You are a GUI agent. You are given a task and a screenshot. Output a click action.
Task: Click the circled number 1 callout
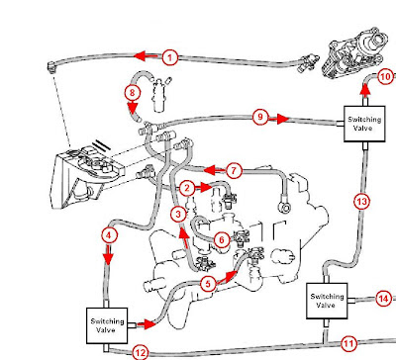point(170,58)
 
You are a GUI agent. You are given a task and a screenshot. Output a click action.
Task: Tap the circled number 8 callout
point(133,92)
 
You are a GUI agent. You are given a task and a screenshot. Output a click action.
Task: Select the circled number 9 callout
point(260,117)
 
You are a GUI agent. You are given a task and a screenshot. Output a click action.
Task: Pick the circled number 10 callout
point(385,77)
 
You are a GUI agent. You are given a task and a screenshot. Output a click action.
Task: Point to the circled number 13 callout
point(362,201)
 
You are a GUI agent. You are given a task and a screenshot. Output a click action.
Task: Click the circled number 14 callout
point(383,299)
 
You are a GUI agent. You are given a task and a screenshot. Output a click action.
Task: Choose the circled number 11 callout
point(348,344)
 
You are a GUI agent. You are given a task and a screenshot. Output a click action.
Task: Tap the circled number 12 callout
point(141,353)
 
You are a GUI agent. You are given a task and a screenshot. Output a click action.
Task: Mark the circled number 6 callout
point(222,239)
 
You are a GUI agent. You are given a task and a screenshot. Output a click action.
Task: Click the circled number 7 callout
point(234,171)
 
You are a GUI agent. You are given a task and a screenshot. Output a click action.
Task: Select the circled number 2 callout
point(187,188)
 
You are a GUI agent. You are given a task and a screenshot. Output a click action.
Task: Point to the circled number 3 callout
point(178,215)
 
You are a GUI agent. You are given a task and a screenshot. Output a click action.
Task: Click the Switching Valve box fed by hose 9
point(364,124)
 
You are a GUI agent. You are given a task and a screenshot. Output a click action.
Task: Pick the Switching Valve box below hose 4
point(107,326)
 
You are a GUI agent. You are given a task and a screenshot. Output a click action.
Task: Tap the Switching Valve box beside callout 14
point(327,301)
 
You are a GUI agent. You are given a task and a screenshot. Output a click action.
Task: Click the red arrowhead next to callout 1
point(140,56)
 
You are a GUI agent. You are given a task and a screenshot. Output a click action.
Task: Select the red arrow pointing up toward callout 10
point(364,90)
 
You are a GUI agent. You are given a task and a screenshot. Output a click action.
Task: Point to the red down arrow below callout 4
point(108,254)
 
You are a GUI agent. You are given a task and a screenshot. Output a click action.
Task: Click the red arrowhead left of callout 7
point(210,170)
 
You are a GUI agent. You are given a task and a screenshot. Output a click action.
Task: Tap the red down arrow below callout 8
point(133,108)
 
